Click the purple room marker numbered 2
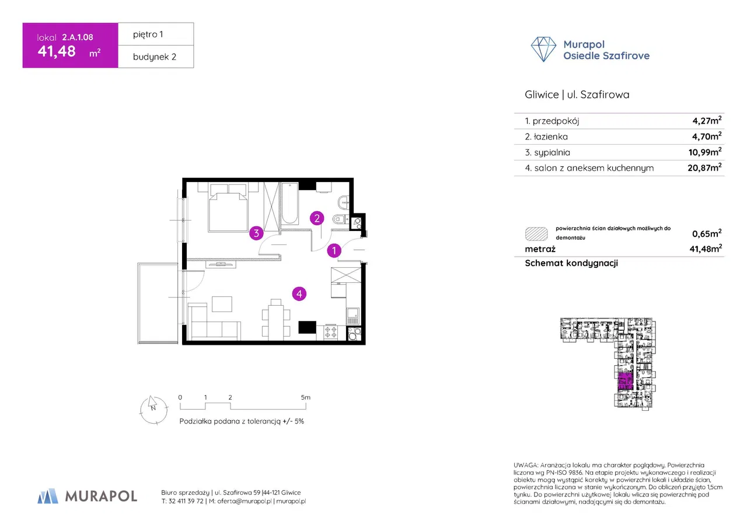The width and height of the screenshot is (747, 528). pos(317,218)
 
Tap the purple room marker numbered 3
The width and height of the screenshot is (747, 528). pos(256,233)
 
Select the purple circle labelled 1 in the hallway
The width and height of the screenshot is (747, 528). pos(334,250)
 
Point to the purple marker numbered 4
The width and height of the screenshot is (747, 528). pos(299,294)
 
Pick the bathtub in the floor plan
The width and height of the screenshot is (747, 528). pos(290,203)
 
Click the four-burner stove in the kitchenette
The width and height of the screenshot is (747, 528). pos(330,332)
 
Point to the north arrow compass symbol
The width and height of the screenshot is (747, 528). pos(153,410)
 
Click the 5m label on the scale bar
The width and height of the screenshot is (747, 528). pos(305,397)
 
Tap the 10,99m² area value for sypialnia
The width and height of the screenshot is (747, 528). pos(705,152)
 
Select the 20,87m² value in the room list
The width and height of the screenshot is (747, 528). pos(704,167)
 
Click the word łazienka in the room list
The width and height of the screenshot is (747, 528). pos(550,137)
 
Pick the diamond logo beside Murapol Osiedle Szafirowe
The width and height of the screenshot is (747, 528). pos(543,49)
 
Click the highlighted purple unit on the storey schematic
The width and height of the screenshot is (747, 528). pos(625,382)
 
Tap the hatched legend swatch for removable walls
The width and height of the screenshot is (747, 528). pos(536,234)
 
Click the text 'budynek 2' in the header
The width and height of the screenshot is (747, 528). pos(155,57)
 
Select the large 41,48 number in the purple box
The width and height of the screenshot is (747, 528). pos(57,51)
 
